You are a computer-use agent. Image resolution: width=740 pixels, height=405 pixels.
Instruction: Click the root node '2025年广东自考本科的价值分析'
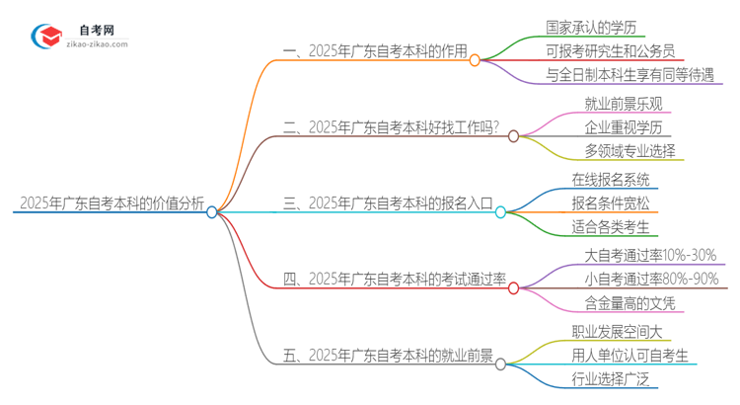click(111, 204)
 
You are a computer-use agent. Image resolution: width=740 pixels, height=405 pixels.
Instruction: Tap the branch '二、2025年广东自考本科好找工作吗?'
click(391, 128)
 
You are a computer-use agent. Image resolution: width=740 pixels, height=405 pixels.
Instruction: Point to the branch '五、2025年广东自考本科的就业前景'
click(388, 357)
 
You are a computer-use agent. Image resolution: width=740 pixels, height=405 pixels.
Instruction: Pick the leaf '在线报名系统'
click(611, 179)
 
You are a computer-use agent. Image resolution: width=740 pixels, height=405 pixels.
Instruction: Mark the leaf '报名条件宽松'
click(611, 203)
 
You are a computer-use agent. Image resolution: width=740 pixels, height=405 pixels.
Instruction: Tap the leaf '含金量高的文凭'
click(618, 304)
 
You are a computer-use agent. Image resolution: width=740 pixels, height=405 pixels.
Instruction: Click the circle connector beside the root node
click(212, 211)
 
